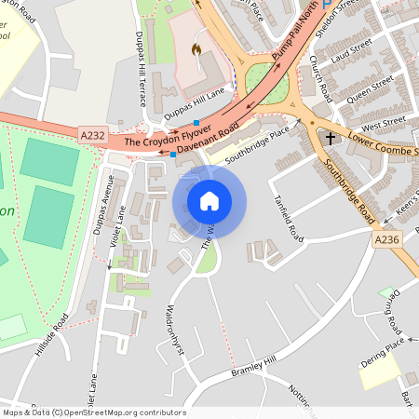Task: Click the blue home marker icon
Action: (x=209, y=201)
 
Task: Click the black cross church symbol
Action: (x=331, y=138)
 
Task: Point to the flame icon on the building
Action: (x=196, y=47)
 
